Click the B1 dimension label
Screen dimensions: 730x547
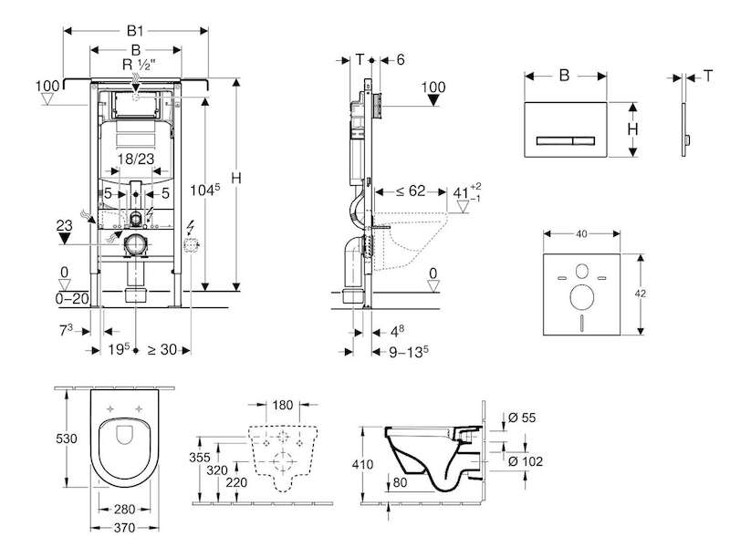[135, 31]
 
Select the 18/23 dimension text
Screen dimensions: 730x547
[135, 159]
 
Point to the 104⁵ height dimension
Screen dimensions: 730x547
[204, 190]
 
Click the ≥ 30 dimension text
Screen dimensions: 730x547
[162, 349]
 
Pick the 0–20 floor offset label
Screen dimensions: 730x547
[72, 299]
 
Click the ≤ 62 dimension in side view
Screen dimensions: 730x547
[411, 191]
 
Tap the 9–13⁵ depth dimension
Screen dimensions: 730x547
[408, 352]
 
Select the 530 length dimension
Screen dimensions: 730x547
[67, 439]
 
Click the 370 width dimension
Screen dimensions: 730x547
[124, 528]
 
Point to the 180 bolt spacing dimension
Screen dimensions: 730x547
[282, 405]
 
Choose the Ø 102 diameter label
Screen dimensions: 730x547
[526, 461]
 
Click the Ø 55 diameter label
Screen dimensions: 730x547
[522, 418]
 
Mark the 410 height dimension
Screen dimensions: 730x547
[362, 464]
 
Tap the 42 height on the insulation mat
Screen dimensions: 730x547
[641, 294]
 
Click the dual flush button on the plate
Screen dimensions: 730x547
[566, 140]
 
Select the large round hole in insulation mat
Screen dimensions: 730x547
[582, 297]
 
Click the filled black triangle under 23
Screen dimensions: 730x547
[64, 239]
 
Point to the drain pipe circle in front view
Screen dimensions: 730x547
[136, 244]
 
